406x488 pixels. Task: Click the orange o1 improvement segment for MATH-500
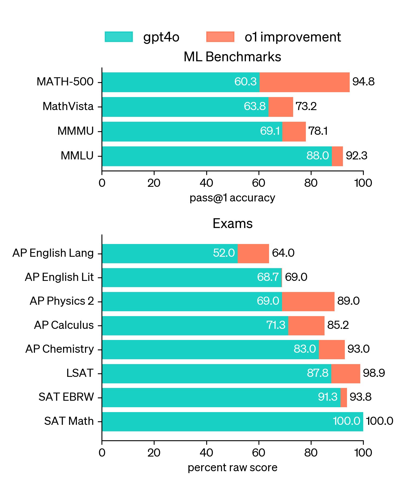coord(304,82)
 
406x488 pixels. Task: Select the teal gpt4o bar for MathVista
coord(185,107)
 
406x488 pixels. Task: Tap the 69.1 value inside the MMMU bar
coord(270,131)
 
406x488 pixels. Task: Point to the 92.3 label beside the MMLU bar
coord(356,156)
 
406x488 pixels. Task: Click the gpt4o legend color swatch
coord(119,37)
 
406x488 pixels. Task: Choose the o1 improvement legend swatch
coord(220,37)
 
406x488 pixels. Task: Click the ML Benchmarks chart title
coord(232,57)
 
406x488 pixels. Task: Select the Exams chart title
coord(233,224)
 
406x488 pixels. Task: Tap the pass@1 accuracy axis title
coord(232,198)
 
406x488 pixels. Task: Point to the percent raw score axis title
coord(233,468)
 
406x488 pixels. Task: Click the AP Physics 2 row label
coord(62,301)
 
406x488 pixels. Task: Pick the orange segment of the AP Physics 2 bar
coord(308,301)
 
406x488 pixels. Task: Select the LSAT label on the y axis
coord(80,373)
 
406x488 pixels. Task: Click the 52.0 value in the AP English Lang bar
coord(224,253)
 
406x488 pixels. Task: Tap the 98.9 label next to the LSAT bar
coord(374,373)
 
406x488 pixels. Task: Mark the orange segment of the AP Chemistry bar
coord(332,349)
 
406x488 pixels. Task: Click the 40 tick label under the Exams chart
coord(207,452)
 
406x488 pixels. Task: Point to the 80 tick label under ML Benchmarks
coord(311,183)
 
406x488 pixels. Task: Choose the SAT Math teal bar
coord(233,422)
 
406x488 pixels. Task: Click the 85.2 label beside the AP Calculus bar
coord(338,325)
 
